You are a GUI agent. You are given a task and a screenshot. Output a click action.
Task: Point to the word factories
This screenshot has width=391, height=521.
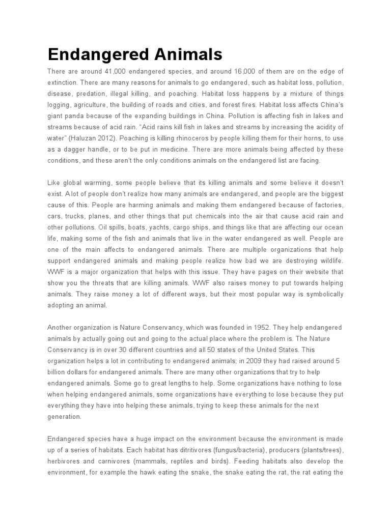325,205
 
